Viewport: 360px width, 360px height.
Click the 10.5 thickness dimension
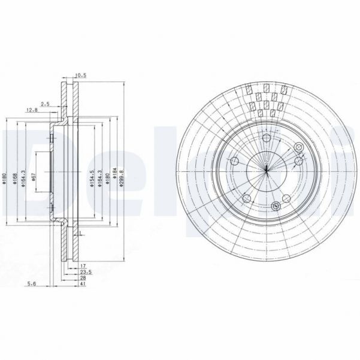tap(80, 75)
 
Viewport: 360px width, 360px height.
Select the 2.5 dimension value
tap(44, 104)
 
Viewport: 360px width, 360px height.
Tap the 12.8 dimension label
tap(32, 110)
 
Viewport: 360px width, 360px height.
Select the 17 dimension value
tap(83, 266)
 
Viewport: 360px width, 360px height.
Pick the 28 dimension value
tap(83, 279)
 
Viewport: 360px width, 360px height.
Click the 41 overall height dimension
tap(83, 285)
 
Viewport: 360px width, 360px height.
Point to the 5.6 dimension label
tap(38, 285)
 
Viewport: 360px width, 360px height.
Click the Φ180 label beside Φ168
tap(4, 180)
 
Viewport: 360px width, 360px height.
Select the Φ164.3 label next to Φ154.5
tap(99, 180)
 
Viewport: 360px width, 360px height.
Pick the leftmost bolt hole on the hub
tap(234, 161)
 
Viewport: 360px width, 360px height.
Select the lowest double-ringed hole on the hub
tap(276, 207)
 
